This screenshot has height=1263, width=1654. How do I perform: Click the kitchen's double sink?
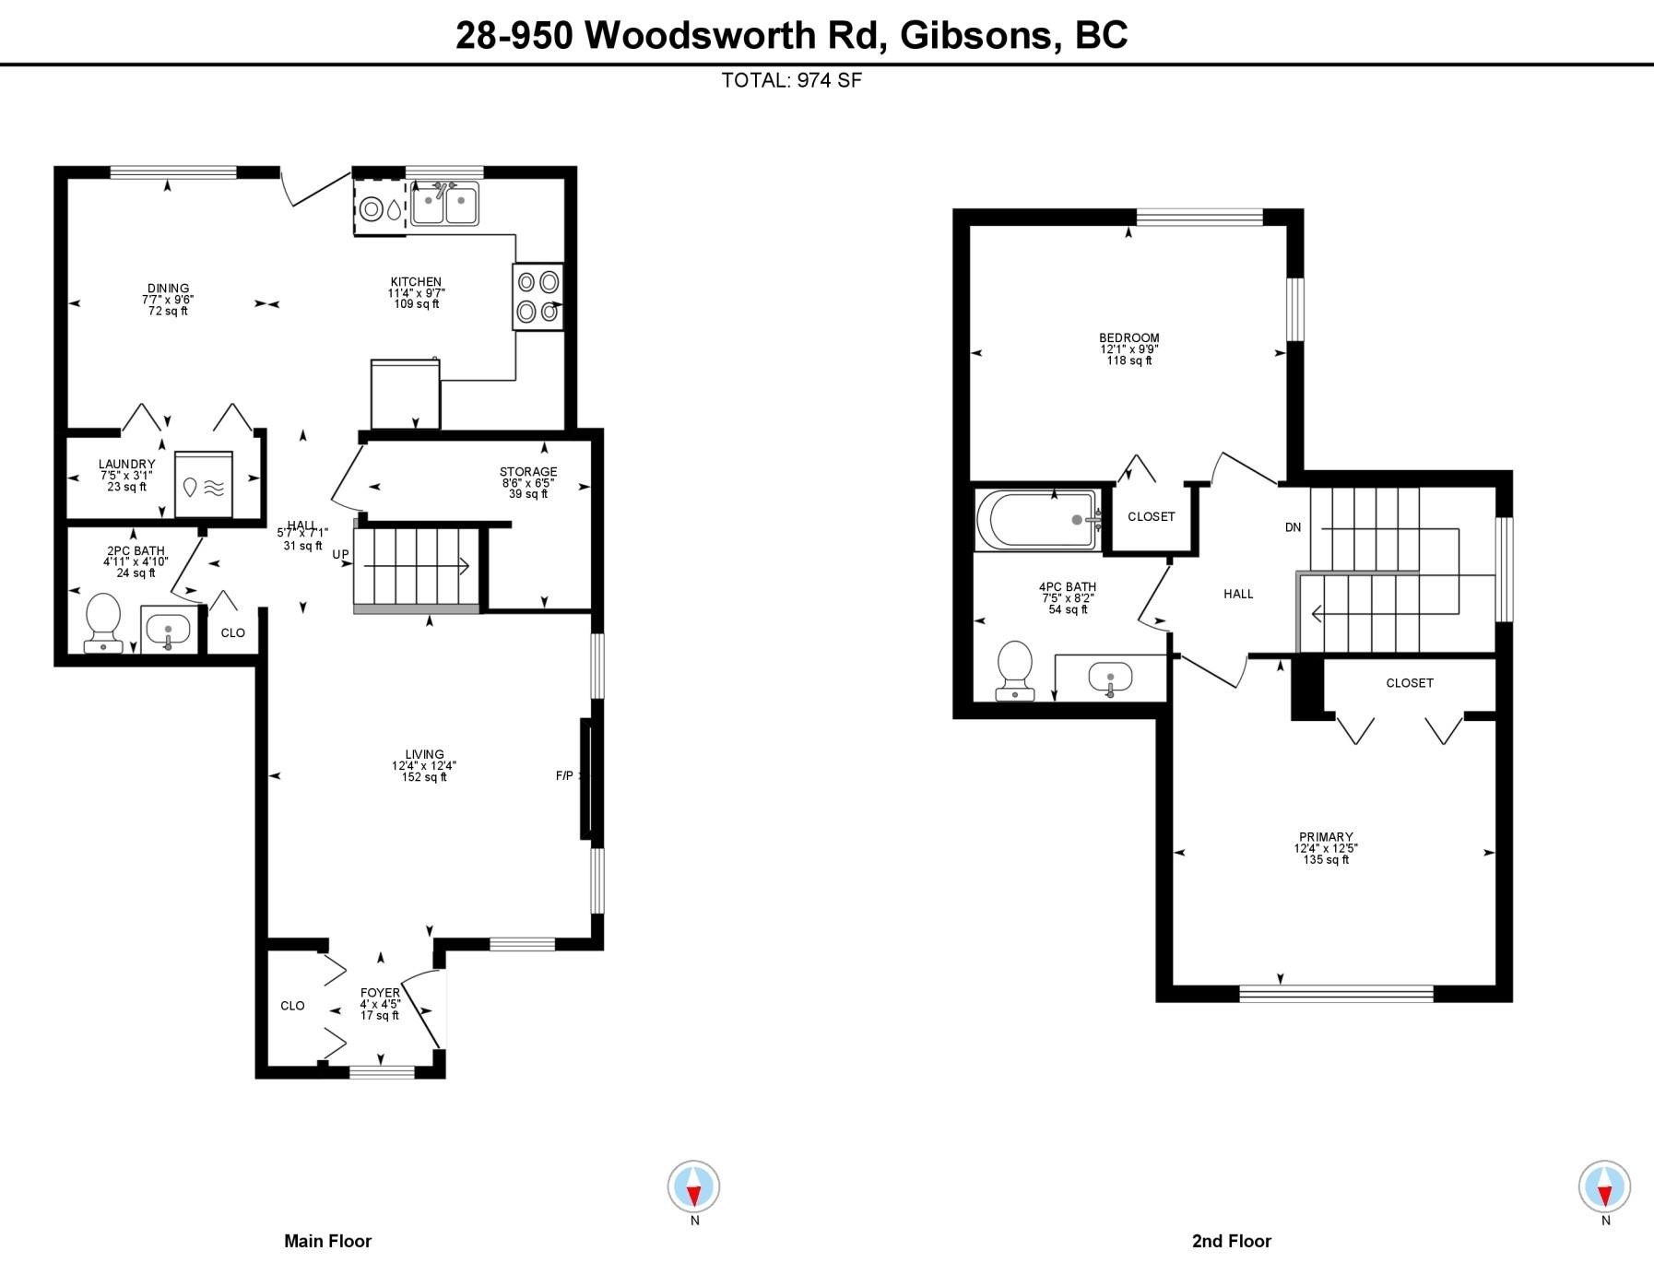coord(444,203)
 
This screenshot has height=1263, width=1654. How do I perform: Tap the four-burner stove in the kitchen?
coord(538,297)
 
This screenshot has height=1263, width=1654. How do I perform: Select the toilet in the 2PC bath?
coord(103,623)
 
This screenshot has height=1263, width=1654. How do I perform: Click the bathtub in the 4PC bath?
coord(1037,520)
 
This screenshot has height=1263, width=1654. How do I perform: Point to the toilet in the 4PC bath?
coord(1015,670)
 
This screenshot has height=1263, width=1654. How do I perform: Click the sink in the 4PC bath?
coord(1110,678)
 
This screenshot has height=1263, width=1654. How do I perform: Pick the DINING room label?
coord(168,289)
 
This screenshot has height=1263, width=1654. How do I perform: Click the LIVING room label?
coord(424,754)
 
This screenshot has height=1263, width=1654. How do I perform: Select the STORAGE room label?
coord(528,472)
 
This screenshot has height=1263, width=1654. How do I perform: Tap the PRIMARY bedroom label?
coord(1326,837)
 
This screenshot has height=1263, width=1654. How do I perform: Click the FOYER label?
coord(380,993)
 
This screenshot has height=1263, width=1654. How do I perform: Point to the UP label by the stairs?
coord(341,554)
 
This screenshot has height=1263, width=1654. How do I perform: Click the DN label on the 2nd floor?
coord(1293,527)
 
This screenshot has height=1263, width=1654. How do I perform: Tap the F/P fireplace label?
coord(564,775)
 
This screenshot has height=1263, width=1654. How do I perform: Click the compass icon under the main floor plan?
coord(693,1186)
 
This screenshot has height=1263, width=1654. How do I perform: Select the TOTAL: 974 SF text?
coord(792,80)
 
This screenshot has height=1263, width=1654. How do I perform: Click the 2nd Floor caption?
coord(1232,1241)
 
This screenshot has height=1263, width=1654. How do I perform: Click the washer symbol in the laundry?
coord(204,484)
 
